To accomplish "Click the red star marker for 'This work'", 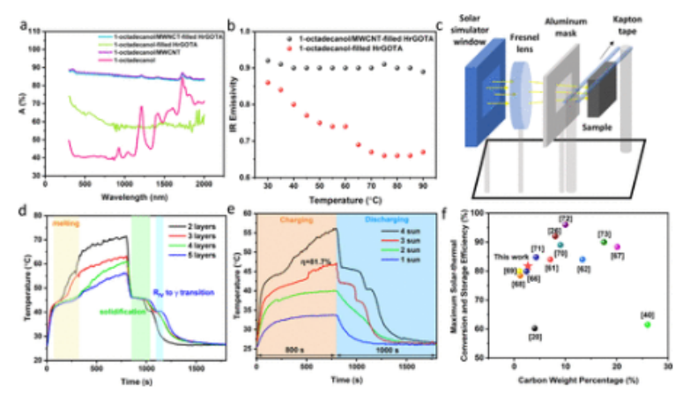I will pyautogui.click(x=528, y=265).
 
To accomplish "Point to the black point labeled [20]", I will pyautogui.click(x=535, y=328).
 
